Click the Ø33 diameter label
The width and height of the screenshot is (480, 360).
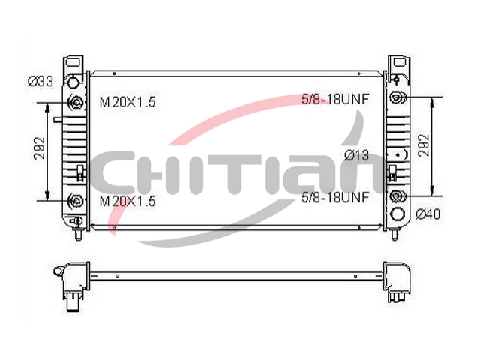point(40,82)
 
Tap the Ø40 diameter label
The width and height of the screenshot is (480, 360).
point(428,214)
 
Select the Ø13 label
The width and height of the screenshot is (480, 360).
point(356,155)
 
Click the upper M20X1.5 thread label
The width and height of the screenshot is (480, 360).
point(127,102)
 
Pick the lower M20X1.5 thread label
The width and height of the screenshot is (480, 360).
point(127,201)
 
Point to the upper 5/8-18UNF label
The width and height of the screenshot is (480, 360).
point(335,99)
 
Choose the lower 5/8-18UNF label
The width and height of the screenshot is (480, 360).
point(335,197)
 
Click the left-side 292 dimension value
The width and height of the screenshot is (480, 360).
point(40,148)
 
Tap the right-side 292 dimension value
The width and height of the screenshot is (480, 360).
point(424,145)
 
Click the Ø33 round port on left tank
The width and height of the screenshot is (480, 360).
point(73,82)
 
